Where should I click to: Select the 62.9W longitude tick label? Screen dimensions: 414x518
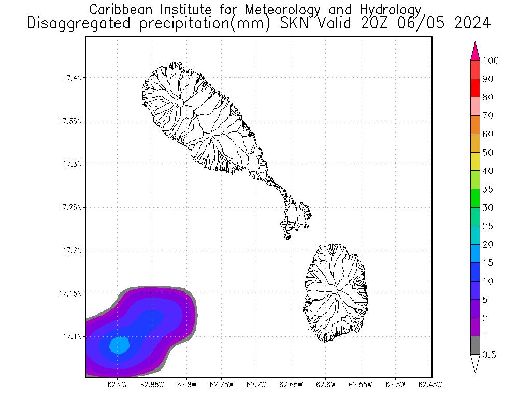(x=118, y=384)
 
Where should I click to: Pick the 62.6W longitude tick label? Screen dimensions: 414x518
(x=325, y=384)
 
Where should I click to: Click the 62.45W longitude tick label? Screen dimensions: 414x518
(x=429, y=384)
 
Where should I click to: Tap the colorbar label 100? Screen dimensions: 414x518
(x=490, y=61)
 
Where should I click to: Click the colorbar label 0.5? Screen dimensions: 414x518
(x=490, y=355)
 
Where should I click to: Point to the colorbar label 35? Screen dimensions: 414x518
(x=487, y=189)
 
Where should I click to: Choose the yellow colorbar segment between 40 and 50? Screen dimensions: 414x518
(x=475, y=161)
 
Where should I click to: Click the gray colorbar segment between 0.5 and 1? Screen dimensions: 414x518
(x=475, y=346)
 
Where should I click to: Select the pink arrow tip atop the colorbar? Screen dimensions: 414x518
(x=475, y=52)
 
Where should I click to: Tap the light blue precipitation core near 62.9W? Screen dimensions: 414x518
(x=120, y=345)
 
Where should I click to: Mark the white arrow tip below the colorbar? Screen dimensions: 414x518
(x=475, y=364)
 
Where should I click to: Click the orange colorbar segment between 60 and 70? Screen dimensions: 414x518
(x=475, y=125)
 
